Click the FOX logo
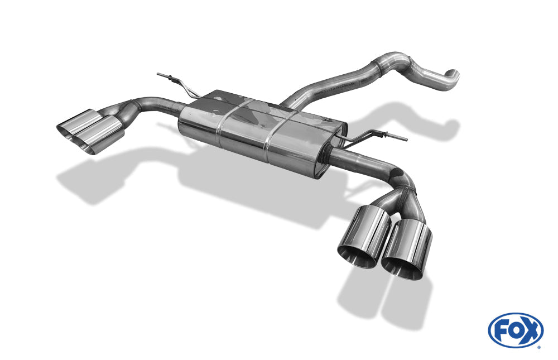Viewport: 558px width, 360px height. click(516, 330)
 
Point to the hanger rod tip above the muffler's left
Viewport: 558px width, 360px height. click(159, 74)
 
